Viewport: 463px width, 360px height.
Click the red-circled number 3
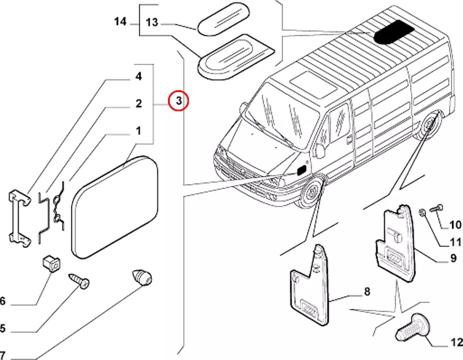[179, 100]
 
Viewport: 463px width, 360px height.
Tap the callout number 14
[120, 21]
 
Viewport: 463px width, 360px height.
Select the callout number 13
[152, 22]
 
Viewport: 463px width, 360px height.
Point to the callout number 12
[456, 343]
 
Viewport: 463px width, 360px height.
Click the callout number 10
[455, 225]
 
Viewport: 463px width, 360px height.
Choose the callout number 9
[453, 258]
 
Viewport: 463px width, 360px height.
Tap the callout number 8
[366, 292]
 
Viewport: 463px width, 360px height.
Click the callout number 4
[139, 76]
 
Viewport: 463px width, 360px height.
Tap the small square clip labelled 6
[51, 264]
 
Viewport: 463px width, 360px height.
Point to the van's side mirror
[320, 150]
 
